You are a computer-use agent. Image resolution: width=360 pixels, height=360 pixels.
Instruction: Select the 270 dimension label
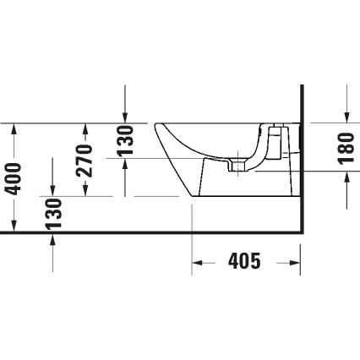[85, 160]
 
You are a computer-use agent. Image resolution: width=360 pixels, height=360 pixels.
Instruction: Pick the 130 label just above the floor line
[53, 215]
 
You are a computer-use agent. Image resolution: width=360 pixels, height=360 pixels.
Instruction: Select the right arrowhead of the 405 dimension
[296, 262]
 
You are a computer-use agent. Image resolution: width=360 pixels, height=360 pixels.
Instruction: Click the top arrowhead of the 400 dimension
[14, 127]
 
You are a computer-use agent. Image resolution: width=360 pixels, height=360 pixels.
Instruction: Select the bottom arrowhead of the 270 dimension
[85, 192]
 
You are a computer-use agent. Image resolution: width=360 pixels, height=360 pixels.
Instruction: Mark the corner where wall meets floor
[302, 233]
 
